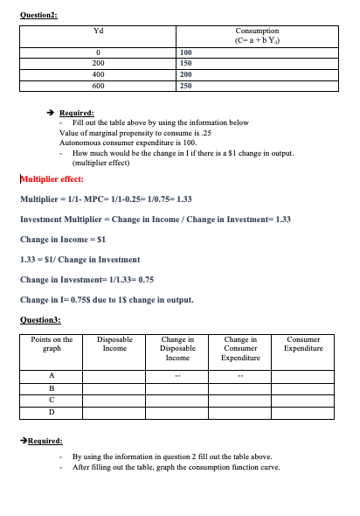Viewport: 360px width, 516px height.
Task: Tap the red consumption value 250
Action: (185, 87)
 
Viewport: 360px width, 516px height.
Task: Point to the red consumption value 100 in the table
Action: (185, 52)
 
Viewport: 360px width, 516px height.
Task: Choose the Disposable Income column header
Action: (114, 344)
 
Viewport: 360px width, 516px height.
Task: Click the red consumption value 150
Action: (185, 64)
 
